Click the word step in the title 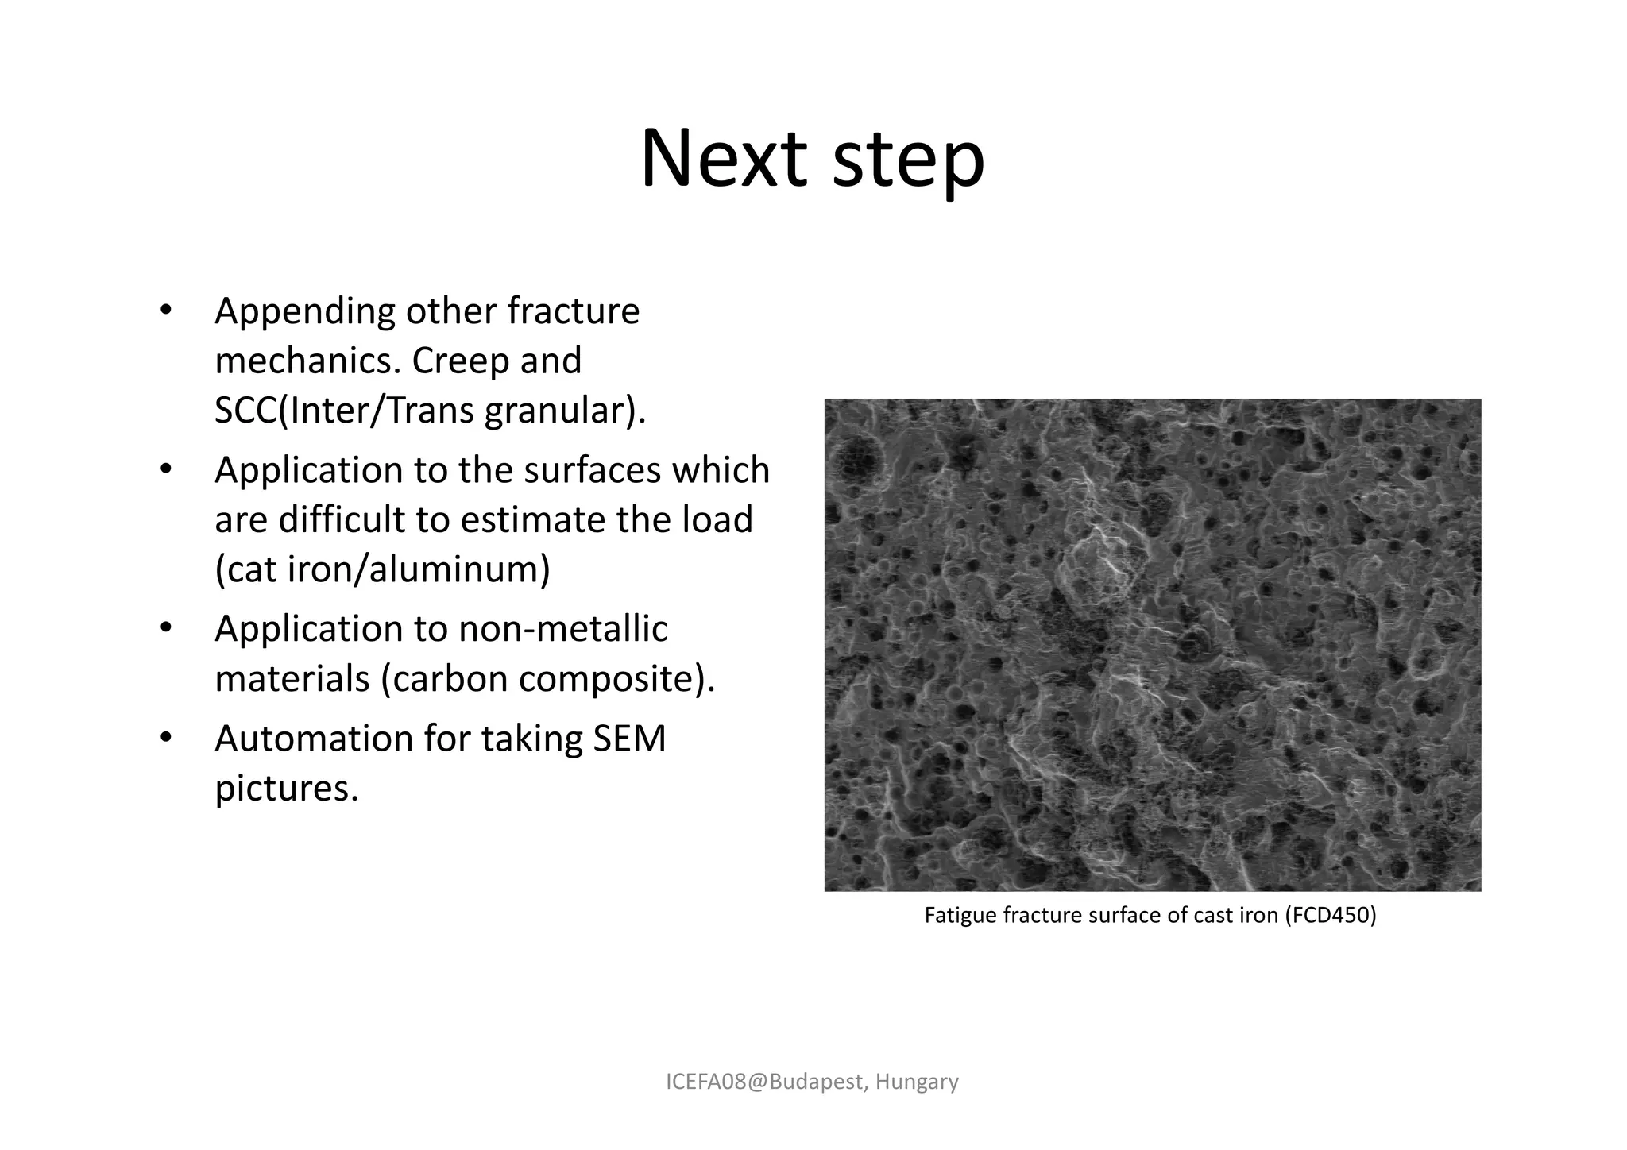point(909,163)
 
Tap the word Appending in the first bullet point(304,311)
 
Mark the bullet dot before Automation point(165,739)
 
